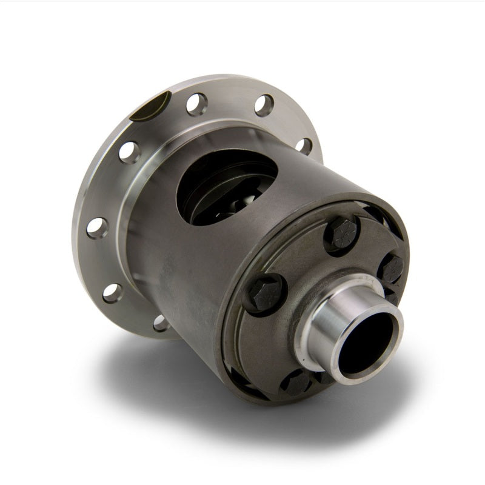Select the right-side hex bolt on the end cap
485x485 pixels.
point(392,267)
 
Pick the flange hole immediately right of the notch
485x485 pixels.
point(197,104)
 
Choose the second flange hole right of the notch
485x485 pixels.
point(264,105)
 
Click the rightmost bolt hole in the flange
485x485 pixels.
point(304,146)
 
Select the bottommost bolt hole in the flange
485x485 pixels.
point(161,323)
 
